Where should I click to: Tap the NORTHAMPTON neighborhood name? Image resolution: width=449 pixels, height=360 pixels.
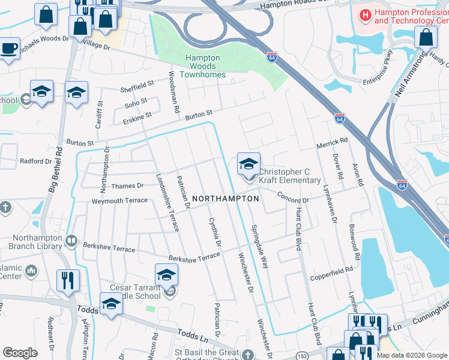[226, 198]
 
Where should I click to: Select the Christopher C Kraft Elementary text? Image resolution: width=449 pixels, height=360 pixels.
[289, 176]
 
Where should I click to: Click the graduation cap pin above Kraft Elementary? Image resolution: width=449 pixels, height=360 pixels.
[249, 163]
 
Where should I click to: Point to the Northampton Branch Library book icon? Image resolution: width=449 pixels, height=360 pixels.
[71, 241]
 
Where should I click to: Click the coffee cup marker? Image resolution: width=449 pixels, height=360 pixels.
[9, 48]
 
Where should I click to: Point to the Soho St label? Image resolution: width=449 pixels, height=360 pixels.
[136, 101]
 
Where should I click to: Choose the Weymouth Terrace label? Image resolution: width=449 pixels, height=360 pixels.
[119, 200]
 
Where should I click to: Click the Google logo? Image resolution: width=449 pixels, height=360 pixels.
[20, 353]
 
